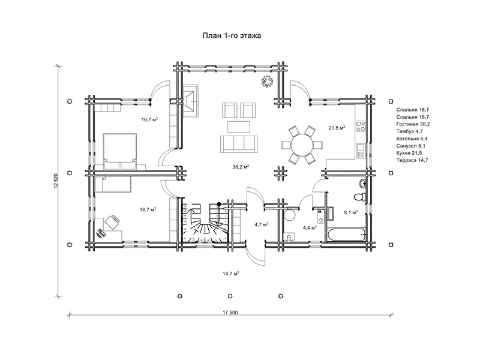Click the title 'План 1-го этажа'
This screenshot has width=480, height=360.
[232, 35]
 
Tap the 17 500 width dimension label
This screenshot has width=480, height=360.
[230, 313]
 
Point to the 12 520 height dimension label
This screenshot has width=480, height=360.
[56, 181]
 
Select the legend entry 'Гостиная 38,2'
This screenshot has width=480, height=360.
[413, 124]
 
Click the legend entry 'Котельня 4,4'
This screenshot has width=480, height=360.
[412, 139]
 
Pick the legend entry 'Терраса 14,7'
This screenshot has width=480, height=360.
[412, 160]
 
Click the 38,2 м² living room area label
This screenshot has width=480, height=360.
[241, 167]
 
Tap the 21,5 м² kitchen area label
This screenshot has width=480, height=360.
[337, 128]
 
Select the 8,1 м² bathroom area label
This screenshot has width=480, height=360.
[351, 212]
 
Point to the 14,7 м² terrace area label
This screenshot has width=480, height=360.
[231, 274]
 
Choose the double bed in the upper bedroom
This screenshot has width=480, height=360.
[120, 151]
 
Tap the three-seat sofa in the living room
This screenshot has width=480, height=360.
[239, 144]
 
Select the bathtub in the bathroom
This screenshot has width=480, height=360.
[347, 235]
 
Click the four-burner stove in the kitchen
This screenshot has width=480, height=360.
[361, 126]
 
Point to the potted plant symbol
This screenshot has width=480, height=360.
[267, 82]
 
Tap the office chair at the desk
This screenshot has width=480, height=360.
[112, 222]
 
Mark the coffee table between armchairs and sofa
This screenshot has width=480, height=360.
[239, 127]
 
